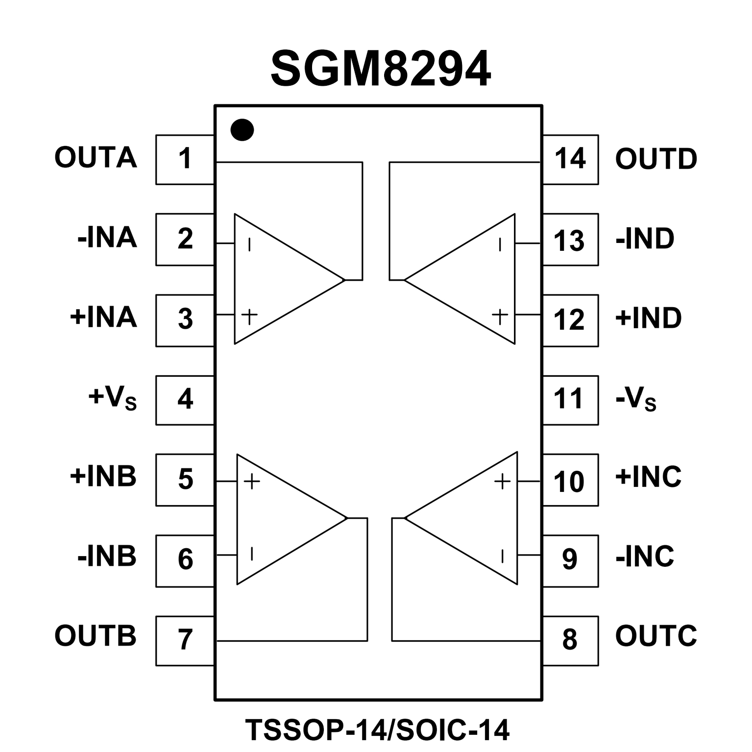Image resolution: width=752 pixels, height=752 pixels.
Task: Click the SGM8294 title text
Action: pos(380,69)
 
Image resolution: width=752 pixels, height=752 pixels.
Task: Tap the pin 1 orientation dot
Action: pos(242,130)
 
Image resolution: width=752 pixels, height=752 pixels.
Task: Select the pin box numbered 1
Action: pos(185,159)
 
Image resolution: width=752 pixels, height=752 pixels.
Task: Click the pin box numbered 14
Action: pos(570,159)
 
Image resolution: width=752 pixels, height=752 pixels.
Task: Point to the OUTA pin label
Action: pos(96,158)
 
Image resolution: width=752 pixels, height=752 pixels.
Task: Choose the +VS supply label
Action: pos(112,398)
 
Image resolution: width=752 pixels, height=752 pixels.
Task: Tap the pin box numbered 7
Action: pos(185,640)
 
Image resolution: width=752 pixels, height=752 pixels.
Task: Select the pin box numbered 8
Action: pos(570,640)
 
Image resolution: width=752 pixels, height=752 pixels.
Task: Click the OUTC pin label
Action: pos(655,636)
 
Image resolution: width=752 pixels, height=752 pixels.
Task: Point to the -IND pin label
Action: pos(645,239)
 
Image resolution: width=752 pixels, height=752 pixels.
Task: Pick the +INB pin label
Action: pos(103,476)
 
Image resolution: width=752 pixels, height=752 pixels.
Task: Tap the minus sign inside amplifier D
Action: pos(500,244)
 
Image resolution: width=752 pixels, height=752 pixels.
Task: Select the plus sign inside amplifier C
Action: pos(502,481)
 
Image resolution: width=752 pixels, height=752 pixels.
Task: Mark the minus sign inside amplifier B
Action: pos(252,554)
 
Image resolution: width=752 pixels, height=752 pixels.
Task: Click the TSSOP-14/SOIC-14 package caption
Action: pos(377,730)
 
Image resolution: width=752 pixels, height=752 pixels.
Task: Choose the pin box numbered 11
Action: pos(570,400)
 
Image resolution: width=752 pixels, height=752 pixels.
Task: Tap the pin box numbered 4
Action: pos(185,400)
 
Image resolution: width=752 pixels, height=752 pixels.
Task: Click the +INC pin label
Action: pos(648,476)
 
